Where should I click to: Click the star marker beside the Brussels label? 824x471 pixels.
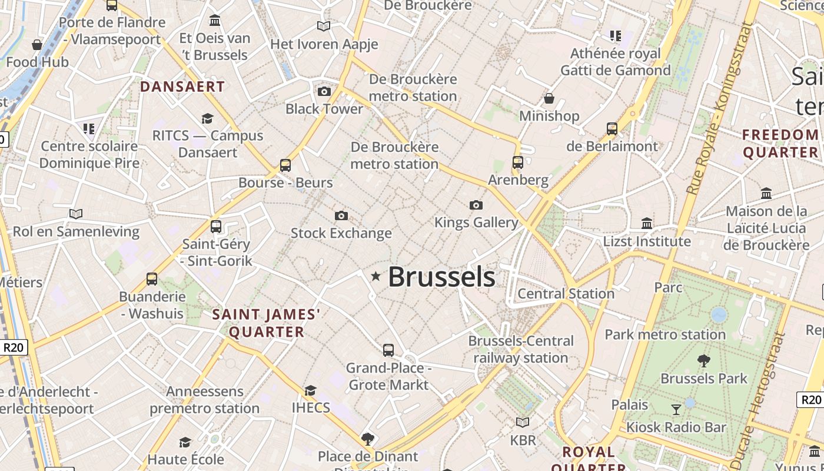(376, 276)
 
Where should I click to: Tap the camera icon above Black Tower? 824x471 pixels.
(324, 91)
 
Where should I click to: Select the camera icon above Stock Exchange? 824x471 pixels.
(341, 216)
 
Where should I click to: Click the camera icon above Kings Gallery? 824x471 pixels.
(476, 205)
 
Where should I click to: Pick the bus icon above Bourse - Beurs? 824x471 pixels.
(285, 165)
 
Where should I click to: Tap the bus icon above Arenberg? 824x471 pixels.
(518, 162)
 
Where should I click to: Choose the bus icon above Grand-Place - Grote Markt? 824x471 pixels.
(388, 350)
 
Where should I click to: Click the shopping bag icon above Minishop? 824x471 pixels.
(549, 98)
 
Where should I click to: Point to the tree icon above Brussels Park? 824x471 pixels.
(703, 361)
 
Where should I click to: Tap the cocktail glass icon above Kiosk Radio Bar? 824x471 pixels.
(676, 409)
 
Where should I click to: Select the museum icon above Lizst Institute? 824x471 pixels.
(647, 223)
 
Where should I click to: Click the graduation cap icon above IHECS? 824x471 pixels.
(310, 390)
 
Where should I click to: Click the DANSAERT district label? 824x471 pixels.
(182, 87)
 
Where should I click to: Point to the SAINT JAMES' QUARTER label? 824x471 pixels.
(267, 323)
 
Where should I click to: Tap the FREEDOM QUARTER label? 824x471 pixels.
(780, 144)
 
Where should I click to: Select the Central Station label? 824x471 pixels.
(566, 293)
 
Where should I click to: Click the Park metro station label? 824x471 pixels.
(665, 334)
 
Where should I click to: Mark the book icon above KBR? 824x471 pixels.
(523, 422)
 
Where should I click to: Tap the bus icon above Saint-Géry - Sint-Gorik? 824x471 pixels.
(216, 227)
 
